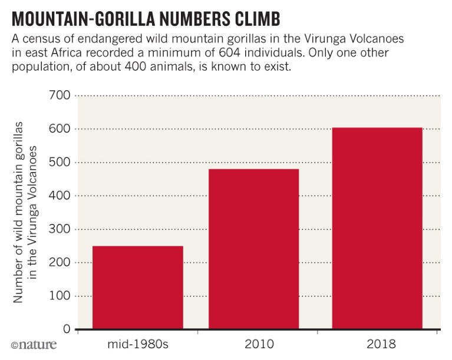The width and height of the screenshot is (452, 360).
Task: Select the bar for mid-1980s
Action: coord(137,287)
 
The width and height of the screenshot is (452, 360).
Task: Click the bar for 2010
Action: coord(253,249)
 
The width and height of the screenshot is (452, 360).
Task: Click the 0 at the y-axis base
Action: coord(66,329)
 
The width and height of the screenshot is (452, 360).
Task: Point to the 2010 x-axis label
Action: coord(253,344)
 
